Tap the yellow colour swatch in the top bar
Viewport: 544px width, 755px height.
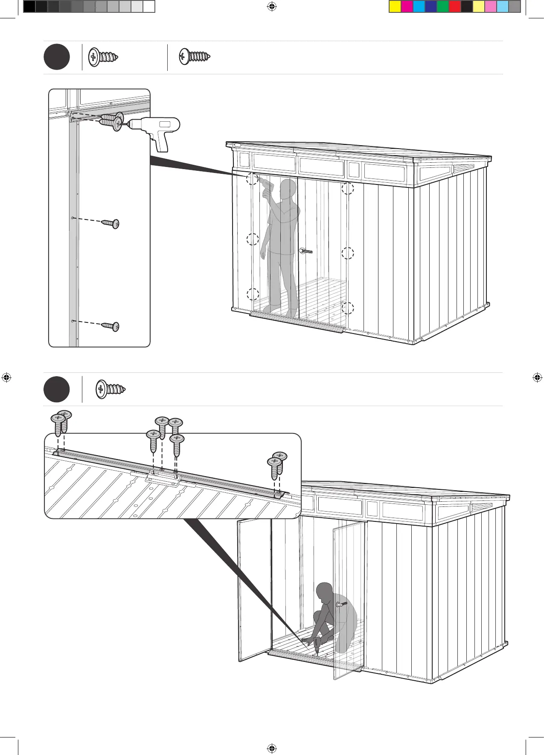[395, 6]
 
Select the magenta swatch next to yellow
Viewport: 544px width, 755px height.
[407, 6]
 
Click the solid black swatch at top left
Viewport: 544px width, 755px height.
[29, 6]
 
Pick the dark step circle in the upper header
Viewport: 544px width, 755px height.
[57, 57]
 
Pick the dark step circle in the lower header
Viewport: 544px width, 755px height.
[57, 389]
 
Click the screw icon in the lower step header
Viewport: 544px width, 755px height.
[110, 389]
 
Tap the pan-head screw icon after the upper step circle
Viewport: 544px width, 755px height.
[103, 57]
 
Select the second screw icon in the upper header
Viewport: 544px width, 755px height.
[195, 56]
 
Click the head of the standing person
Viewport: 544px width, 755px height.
[288, 187]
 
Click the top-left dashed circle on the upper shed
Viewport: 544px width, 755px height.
[253, 179]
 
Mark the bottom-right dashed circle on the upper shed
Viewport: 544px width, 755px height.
[348, 308]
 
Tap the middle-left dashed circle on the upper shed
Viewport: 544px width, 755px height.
[253, 239]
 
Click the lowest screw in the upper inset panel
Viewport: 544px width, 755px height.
[111, 327]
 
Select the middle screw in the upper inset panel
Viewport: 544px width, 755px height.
[111, 223]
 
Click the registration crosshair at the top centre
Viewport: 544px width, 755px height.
[271, 6]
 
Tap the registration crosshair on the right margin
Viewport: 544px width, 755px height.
[537, 377]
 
